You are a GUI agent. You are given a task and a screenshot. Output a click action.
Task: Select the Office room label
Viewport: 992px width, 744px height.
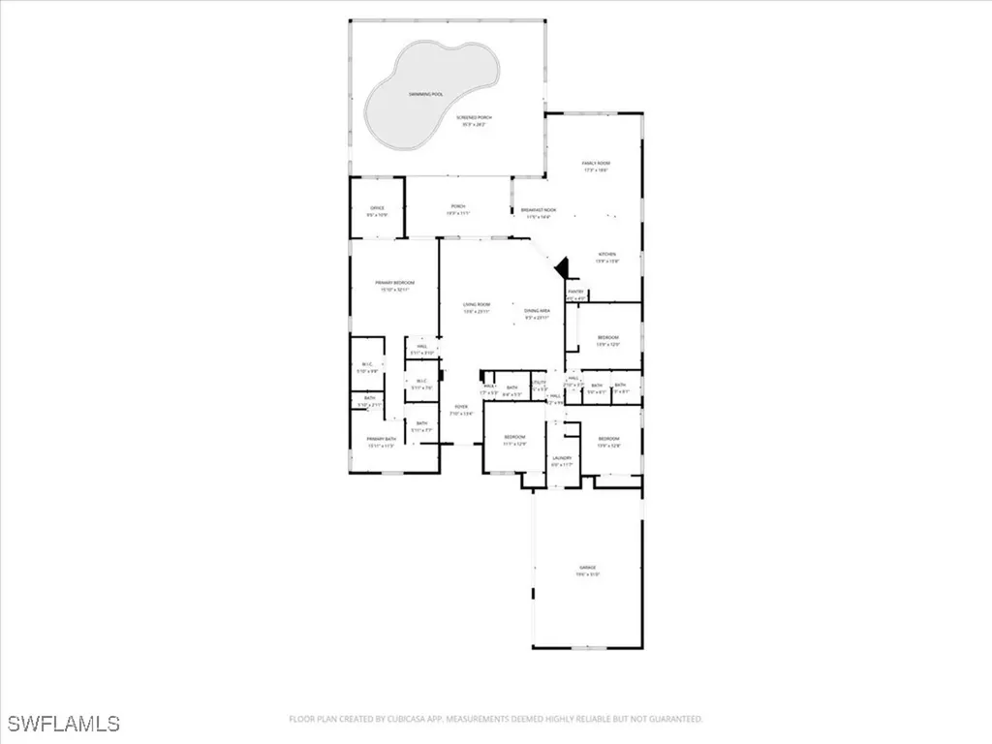(377, 208)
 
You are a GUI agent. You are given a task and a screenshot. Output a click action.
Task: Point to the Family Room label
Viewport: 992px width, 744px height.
(596, 163)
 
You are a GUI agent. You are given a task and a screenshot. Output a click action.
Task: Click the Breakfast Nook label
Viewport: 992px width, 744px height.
(538, 210)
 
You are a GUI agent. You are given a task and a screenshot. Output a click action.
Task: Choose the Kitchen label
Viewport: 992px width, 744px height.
(606, 255)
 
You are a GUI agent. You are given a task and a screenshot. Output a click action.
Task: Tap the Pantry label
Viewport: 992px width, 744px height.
(576, 294)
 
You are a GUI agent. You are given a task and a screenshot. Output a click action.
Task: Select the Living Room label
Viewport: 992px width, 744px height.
(477, 305)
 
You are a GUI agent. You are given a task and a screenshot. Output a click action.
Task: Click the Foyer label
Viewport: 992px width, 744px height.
(460, 407)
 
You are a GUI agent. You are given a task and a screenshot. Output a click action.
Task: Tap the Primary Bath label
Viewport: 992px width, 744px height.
(381, 440)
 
